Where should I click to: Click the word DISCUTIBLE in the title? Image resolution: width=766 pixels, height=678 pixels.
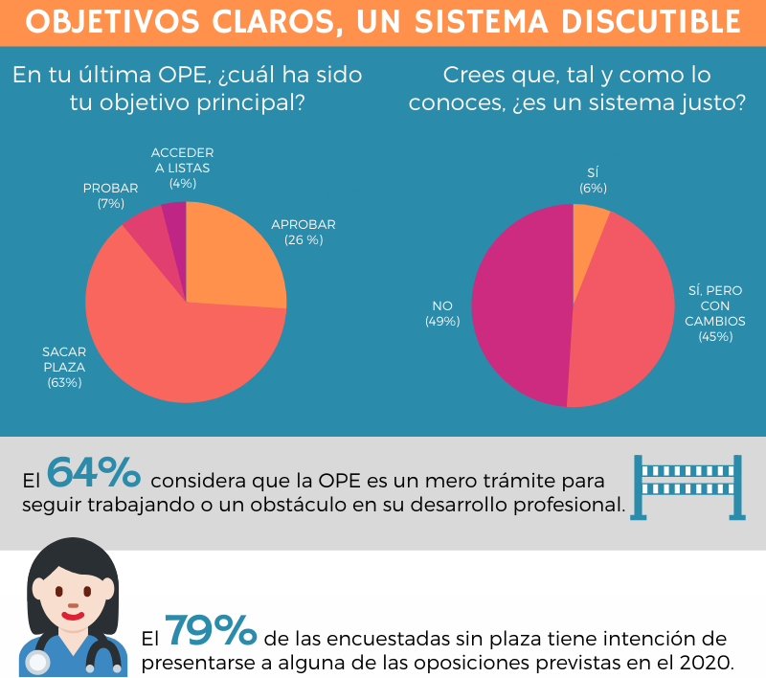(x=632, y=21)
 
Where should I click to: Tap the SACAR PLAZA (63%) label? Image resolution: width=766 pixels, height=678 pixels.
(x=64, y=367)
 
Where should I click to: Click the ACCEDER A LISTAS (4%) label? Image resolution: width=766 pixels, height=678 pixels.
(x=182, y=168)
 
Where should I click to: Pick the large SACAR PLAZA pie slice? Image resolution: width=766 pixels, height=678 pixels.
(x=163, y=335)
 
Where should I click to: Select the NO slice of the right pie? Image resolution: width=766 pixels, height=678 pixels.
(x=517, y=306)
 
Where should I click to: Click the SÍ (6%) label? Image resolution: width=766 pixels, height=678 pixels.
(x=593, y=180)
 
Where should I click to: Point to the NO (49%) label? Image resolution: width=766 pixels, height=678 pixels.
(x=442, y=313)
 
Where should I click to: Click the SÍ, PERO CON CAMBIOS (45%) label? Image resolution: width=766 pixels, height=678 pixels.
(x=715, y=312)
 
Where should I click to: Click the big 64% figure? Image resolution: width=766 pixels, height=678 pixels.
(x=94, y=473)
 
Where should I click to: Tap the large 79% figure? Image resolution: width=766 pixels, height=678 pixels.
(x=211, y=631)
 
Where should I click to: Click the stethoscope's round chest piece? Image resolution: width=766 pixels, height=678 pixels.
(x=38, y=664)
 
